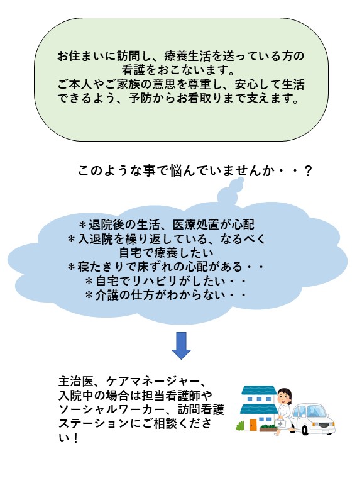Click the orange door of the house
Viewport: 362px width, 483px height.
pos(253,425)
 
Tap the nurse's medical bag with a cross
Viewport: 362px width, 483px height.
pos(280,423)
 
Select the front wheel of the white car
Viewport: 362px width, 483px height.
pos(304,430)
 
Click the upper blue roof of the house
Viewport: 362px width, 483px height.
pos(259,391)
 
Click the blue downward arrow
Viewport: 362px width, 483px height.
pos(181,346)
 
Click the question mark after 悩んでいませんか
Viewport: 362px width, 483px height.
pos(308,170)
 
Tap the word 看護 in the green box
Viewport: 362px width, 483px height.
pos(133,70)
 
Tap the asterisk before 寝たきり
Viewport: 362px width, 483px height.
pos(72,267)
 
